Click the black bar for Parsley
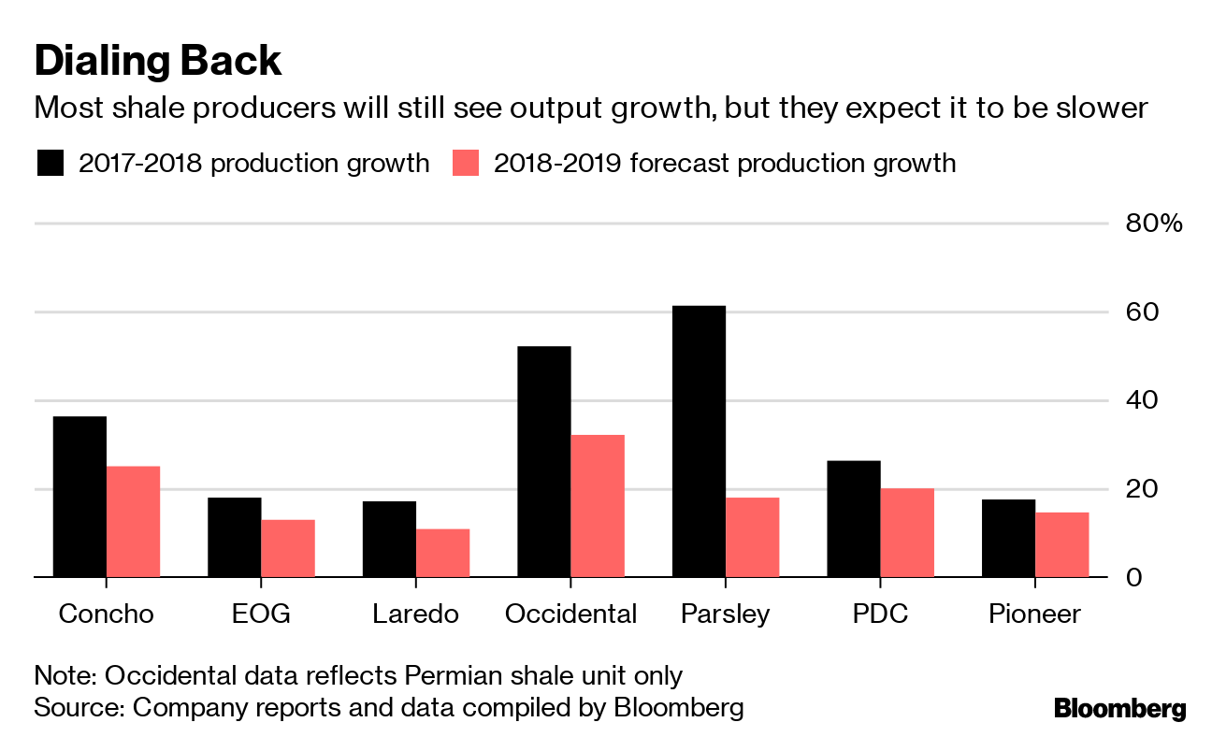(699, 441)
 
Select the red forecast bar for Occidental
(598, 506)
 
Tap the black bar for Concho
(79, 497)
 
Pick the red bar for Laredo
(442, 554)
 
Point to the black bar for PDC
(853, 519)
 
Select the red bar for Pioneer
(1061, 545)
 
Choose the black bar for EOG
(234, 538)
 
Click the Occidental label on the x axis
(570, 614)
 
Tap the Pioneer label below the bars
(1034, 614)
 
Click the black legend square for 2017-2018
(50, 164)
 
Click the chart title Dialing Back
(157, 61)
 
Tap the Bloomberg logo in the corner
(1119, 708)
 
